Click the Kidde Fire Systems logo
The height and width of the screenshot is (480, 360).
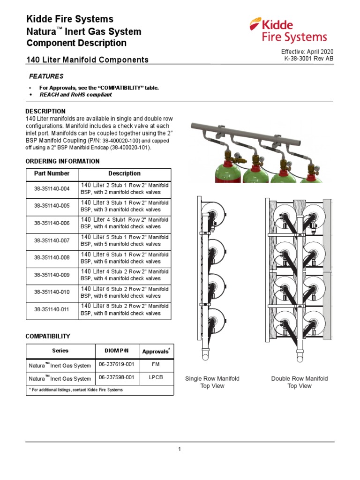pos(288,30)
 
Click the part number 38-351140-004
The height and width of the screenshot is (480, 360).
pos(52,189)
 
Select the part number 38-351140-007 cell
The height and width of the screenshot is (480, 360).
pos(52,240)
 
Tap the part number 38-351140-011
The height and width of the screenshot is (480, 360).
pos(52,309)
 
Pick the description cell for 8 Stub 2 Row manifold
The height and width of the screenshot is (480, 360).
pos(125,309)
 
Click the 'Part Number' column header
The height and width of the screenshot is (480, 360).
pos(52,173)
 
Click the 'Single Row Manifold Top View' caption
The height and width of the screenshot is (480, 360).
pos(212,382)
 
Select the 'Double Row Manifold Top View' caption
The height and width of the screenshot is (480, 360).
pos(299,382)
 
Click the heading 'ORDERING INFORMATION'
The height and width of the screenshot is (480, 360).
pos(62,161)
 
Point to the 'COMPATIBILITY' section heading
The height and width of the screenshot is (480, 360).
pos(47,337)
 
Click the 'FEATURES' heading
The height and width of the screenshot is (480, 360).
pos(46,76)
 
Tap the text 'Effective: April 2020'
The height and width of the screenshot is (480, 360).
pos(307,52)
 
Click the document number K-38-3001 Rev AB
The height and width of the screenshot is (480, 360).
pos(309,59)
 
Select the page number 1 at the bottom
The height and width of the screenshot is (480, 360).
pos(180,449)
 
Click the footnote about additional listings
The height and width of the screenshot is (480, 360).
pos(75,390)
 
